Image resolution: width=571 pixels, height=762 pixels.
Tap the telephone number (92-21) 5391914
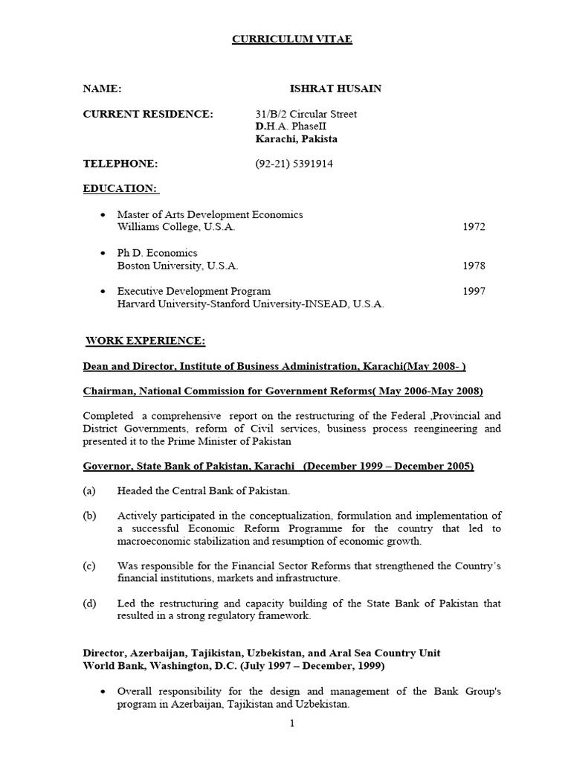[x=294, y=164]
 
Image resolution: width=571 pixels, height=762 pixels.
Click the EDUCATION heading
[x=120, y=189]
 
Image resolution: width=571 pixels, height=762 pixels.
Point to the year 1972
[x=474, y=227]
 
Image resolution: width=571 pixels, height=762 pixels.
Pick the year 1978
[x=474, y=266]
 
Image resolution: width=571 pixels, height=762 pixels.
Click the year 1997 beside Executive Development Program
[x=474, y=291]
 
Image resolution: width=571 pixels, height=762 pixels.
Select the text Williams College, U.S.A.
[x=176, y=227]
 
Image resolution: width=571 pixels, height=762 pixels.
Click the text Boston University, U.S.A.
[x=178, y=266]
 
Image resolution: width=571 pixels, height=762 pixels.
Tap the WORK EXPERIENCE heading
[x=145, y=341]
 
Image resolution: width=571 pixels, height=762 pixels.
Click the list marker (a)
[x=89, y=490]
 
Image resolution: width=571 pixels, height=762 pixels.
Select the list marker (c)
[x=89, y=566]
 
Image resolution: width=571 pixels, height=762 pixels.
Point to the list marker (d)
[x=89, y=603]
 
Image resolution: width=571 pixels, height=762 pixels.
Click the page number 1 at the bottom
[x=293, y=723]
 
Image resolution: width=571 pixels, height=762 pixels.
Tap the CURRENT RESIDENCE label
[x=147, y=114]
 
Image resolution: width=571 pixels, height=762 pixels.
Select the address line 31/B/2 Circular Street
[x=306, y=114]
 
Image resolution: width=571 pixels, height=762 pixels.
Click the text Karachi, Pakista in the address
[x=296, y=139]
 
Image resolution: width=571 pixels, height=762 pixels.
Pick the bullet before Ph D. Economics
[x=103, y=253]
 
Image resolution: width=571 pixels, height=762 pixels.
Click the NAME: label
[x=102, y=89]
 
